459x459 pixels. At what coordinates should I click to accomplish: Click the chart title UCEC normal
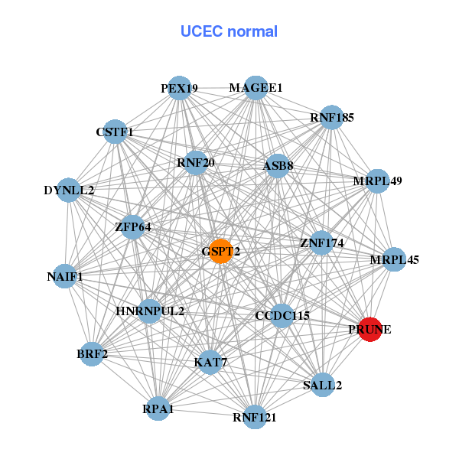click(229, 31)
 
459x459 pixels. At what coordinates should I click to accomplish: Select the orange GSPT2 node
click(221, 251)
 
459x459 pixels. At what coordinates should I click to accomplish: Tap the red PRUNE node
click(370, 330)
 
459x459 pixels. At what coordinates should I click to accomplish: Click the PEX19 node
click(179, 88)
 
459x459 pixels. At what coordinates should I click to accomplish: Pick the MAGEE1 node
click(256, 88)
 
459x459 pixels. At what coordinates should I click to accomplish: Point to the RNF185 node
click(331, 118)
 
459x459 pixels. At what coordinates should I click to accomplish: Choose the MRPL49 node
click(377, 181)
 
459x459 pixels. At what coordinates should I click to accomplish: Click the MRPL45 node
click(394, 260)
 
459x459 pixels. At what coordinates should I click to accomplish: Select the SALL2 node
click(322, 385)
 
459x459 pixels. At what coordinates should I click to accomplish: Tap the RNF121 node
click(255, 417)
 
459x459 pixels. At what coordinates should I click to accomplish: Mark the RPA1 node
click(158, 409)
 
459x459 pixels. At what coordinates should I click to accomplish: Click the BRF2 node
click(92, 354)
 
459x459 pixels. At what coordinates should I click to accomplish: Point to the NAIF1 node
click(65, 275)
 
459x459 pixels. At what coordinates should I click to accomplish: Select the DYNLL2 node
click(69, 190)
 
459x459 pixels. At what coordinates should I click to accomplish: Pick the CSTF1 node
click(115, 132)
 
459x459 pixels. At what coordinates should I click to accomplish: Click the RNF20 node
click(195, 162)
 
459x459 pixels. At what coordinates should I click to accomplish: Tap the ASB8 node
click(277, 166)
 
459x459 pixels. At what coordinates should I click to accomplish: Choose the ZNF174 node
click(321, 244)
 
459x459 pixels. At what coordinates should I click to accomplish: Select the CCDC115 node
click(282, 315)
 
